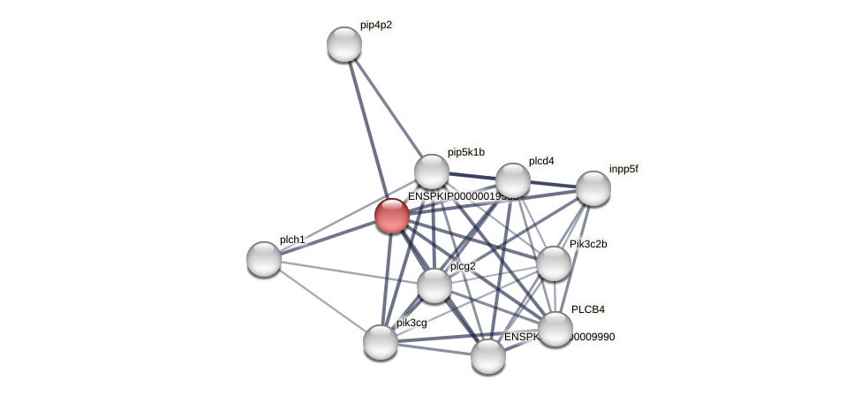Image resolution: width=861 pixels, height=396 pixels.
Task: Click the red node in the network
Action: click(392, 216)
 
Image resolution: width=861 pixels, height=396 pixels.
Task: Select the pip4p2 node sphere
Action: click(344, 44)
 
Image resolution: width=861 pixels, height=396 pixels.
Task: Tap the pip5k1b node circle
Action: click(432, 171)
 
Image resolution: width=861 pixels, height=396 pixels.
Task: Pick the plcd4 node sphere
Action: click(513, 180)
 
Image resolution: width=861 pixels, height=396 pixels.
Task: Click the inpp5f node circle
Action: click(593, 188)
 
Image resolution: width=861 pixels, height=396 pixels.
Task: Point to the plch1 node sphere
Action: click(264, 259)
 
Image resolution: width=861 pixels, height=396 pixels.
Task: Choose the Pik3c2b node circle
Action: click(554, 263)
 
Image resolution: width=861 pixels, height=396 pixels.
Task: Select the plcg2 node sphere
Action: click(434, 286)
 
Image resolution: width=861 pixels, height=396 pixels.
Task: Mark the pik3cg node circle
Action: click(381, 342)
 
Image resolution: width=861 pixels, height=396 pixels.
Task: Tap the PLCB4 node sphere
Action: click(555, 329)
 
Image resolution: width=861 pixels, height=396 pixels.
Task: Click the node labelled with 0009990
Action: click(488, 356)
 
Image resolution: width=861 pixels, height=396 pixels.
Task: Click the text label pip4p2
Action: click(376, 25)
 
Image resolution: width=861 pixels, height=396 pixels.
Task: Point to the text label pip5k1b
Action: click(465, 152)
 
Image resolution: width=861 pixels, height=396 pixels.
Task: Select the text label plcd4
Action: click(541, 161)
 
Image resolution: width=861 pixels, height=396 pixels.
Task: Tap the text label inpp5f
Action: click(623, 168)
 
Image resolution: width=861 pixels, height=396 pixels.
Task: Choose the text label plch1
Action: click(292, 240)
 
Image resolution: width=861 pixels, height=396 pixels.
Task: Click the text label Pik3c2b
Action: click(588, 244)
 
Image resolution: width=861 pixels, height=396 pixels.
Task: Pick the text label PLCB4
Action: click(588, 309)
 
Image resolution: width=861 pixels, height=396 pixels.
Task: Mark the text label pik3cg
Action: click(412, 323)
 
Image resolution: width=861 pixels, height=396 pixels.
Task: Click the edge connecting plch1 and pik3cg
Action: click(322, 301)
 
